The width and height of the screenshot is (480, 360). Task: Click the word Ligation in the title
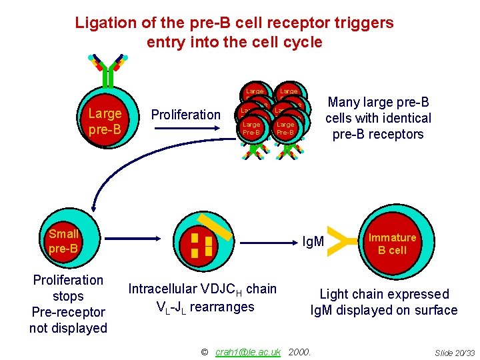[x=103, y=23]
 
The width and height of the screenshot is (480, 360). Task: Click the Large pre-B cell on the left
[x=105, y=121]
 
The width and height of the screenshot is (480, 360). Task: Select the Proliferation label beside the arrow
[x=185, y=115]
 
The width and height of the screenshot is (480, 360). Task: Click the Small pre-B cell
[x=64, y=241]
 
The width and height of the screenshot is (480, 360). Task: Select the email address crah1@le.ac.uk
[x=248, y=351]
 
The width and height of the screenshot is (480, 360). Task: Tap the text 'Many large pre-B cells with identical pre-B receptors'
[x=378, y=118]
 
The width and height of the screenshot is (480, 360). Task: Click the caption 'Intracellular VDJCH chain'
[x=202, y=289]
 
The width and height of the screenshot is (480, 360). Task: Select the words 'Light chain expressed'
[x=384, y=294]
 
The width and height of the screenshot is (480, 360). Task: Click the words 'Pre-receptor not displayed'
[x=68, y=320]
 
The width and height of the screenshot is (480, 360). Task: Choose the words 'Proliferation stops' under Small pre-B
[x=68, y=288]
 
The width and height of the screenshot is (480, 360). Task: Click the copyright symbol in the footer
[x=205, y=351]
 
